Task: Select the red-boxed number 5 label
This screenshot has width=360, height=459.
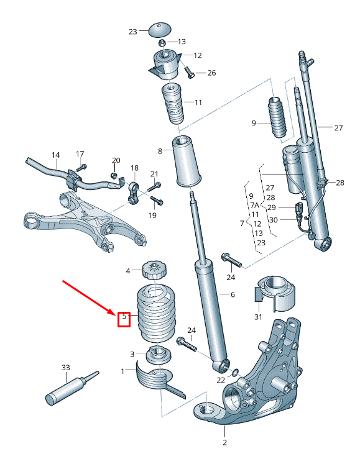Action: [124, 318]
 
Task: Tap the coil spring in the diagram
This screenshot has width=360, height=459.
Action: [155, 314]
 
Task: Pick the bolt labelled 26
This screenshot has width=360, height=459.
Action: [190, 74]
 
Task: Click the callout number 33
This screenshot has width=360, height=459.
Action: [66, 368]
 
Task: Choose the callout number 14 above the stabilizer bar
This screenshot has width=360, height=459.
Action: [55, 155]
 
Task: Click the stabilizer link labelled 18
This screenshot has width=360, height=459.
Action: [132, 193]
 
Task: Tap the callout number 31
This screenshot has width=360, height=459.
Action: [257, 317]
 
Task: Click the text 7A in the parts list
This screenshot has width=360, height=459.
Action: [254, 205]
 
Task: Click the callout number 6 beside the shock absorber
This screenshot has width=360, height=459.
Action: [232, 294]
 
